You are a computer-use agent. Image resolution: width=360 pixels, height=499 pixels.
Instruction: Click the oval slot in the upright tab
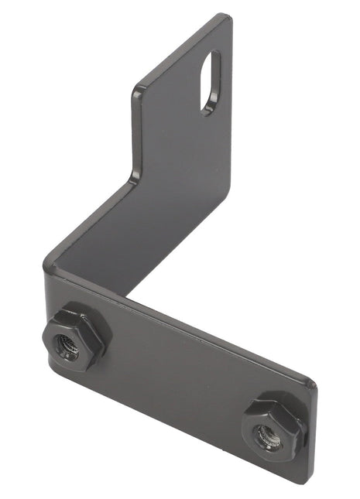click(x=210, y=81)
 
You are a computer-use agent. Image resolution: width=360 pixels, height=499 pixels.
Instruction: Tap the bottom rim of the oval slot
click(x=207, y=110)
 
